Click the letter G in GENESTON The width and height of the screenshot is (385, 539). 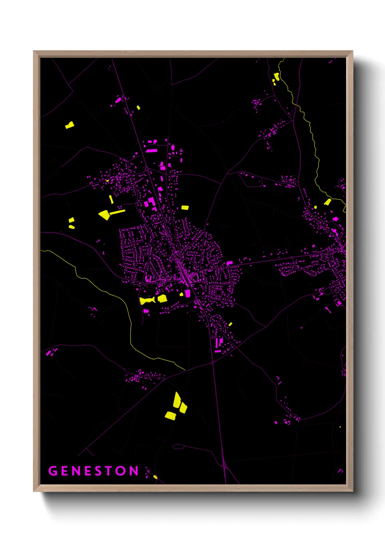(x=53, y=471)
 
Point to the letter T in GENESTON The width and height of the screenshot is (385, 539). (x=108, y=471)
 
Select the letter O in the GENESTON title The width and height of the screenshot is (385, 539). (x=121, y=471)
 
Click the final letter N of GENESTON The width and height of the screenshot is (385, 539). (x=134, y=471)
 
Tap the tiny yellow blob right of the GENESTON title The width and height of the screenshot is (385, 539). (x=155, y=477)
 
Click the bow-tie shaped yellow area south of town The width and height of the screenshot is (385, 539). (x=147, y=300)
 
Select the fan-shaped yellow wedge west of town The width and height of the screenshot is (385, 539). (x=105, y=215)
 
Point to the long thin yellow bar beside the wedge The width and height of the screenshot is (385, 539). (x=118, y=212)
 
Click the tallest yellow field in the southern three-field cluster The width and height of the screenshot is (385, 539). (x=177, y=400)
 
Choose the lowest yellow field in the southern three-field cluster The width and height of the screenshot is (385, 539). (x=170, y=416)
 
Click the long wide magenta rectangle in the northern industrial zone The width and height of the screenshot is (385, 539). (x=151, y=150)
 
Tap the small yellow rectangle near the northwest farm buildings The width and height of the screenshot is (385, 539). (x=138, y=107)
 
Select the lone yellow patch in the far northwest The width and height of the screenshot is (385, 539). (x=70, y=125)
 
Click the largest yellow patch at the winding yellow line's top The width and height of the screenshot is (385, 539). (x=277, y=76)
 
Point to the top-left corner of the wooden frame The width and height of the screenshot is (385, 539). (x=33, y=51)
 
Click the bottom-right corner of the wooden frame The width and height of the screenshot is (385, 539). (x=353, y=491)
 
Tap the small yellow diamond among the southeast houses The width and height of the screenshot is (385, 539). (x=230, y=324)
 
